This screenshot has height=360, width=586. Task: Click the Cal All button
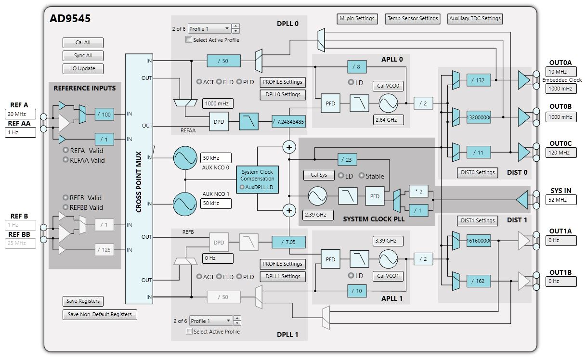click(x=83, y=43)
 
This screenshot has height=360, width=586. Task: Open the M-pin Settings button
click(x=357, y=19)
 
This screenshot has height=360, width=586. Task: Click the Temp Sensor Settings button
click(x=413, y=19)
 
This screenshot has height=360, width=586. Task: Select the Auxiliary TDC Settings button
click(x=475, y=19)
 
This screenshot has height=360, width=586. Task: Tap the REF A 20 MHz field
click(x=21, y=114)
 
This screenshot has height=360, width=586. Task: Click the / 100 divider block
click(x=104, y=114)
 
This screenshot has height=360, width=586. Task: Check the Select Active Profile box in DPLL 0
click(x=189, y=40)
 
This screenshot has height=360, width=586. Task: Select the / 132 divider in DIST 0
click(x=478, y=80)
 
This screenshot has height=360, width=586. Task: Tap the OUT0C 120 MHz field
click(x=561, y=153)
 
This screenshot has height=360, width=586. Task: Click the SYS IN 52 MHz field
click(x=561, y=200)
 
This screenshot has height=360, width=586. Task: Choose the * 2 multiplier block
click(x=418, y=192)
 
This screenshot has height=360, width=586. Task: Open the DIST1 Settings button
click(x=478, y=221)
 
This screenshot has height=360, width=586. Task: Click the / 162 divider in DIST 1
click(x=478, y=281)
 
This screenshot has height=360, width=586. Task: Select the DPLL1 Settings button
click(x=283, y=277)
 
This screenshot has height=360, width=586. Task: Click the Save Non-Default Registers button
click(x=100, y=315)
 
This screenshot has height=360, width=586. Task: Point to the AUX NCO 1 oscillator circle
click(x=185, y=204)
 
